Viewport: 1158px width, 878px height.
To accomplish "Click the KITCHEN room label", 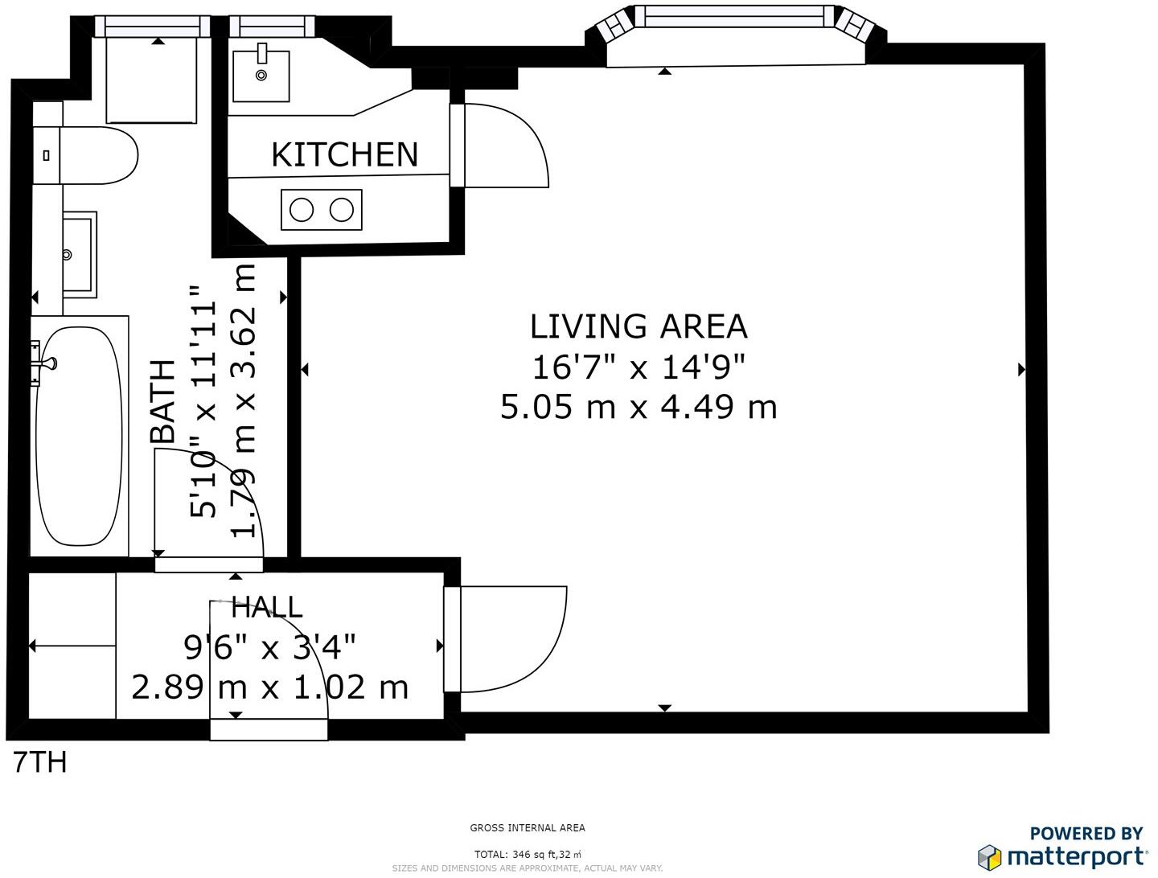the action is [344, 154].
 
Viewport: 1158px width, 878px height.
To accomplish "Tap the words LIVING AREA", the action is [639, 326].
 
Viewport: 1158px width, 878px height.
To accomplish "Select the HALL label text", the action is [267, 607].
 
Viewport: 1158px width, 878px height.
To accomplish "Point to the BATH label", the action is [163, 401].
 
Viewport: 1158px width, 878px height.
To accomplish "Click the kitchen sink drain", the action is [261, 76].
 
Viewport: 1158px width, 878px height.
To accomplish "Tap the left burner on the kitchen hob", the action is [302, 210].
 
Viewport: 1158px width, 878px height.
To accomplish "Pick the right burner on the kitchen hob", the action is [341, 210].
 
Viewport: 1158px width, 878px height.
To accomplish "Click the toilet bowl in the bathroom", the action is [99, 155].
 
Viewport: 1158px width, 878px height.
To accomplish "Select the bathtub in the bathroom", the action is [79, 436].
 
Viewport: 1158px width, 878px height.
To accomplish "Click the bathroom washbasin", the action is [80, 255].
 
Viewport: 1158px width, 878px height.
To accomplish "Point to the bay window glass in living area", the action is [734, 16].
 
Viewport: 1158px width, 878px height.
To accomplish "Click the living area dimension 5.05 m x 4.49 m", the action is [639, 408].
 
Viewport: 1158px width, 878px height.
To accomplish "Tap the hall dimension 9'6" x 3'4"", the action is [269, 646].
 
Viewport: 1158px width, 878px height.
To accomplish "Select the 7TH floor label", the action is [40, 762].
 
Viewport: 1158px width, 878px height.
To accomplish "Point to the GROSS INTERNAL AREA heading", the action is [528, 828].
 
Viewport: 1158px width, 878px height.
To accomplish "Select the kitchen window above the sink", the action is [272, 26].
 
